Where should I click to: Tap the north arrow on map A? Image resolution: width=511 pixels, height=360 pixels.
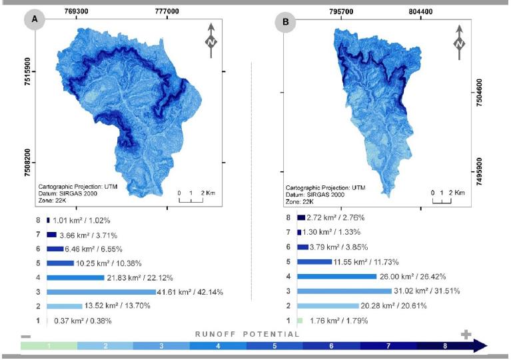211,37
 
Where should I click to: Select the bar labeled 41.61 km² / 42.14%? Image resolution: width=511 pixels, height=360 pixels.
101,291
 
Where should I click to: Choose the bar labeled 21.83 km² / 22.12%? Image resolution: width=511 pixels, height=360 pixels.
75,277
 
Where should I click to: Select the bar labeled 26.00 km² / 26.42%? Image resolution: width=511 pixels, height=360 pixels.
337,276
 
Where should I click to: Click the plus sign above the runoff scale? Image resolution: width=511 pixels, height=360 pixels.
466,334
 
